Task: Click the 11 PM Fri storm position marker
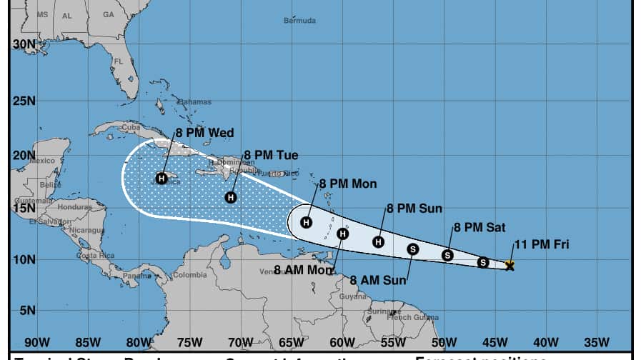click(x=510, y=266)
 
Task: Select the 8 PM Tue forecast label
click(x=271, y=155)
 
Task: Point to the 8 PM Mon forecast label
click(x=347, y=184)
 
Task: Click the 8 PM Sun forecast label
click(x=414, y=209)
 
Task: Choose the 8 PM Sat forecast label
click(x=479, y=228)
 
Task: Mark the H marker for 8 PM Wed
click(x=162, y=178)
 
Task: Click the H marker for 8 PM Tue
click(x=231, y=197)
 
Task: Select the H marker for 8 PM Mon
click(x=307, y=222)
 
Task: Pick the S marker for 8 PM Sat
click(x=447, y=255)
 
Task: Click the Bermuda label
click(x=299, y=21)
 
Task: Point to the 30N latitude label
click(x=24, y=44)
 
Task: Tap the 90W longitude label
click(x=36, y=341)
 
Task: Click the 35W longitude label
click(x=595, y=341)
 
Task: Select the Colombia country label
click(x=189, y=275)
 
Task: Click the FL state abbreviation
click(x=119, y=61)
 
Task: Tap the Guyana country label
click(x=352, y=296)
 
